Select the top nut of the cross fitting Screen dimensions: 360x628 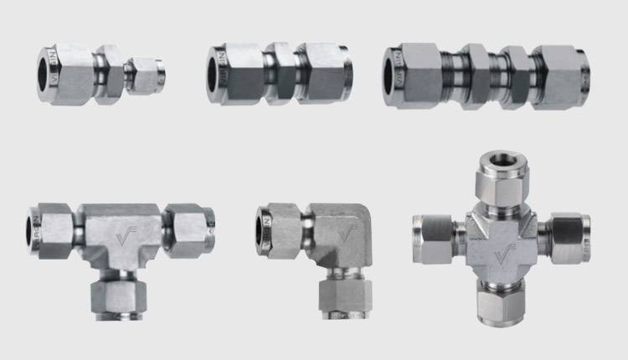click(502, 183)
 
